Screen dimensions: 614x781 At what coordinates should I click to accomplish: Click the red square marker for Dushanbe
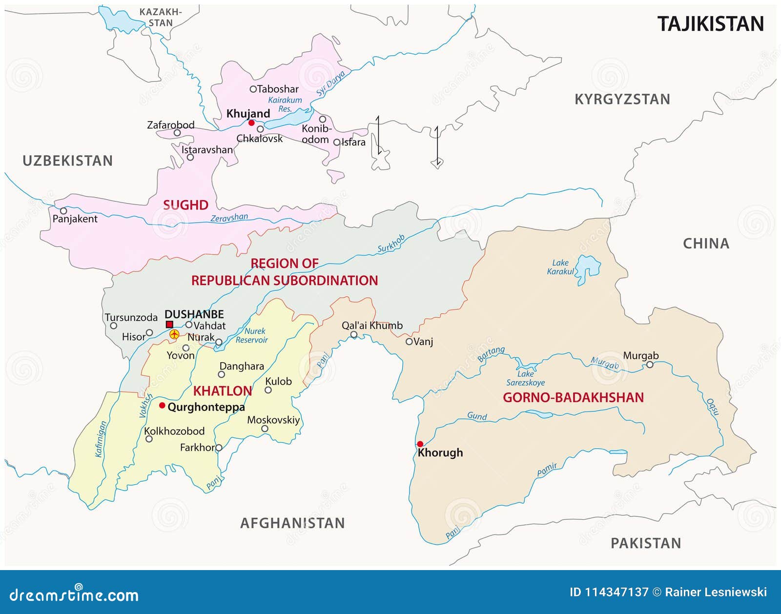pyautogui.click(x=169, y=325)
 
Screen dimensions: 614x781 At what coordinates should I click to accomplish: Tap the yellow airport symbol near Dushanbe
pyautogui.click(x=174, y=334)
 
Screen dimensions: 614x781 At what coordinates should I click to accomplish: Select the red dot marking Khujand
pyautogui.click(x=251, y=123)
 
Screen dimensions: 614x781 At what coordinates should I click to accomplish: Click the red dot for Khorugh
pyautogui.click(x=420, y=444)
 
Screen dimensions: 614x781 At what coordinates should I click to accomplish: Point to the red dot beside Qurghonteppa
pyautogui.click(x=162, y=405)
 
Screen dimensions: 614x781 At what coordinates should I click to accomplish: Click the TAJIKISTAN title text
pyautogui.click(x=710, y=24)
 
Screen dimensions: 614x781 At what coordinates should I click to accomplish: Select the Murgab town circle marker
pyautogui.click(x=650, y=365)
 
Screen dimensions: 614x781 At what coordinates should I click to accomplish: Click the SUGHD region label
pyautogui.click(x=185, y=205)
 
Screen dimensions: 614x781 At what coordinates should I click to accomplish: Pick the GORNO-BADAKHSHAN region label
pyautogui.click(x=573, y=397)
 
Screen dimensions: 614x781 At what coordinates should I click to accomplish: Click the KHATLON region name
pyautogui.click(x=223, y=391)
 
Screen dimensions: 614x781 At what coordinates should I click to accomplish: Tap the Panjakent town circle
pyautogui.click(x=63, y=211)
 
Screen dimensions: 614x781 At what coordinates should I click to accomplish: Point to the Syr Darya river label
pyautogui.click(x=331, y=83)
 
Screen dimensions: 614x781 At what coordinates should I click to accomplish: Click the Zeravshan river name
pyautogui.click(x=229, y=218)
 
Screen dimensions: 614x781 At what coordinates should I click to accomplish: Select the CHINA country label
pyautogui.click(x=706, y=244)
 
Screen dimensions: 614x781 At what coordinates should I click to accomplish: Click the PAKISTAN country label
pyautogui.click(x=645, y=543)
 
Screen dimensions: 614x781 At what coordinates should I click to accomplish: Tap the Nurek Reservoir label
pyautogui.click(x=252, y=336)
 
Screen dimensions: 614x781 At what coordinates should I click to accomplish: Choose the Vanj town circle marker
pyautogui.click(x=409, y=342)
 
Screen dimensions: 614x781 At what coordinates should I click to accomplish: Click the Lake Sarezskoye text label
pyautogui.click(x=525, y=378)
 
